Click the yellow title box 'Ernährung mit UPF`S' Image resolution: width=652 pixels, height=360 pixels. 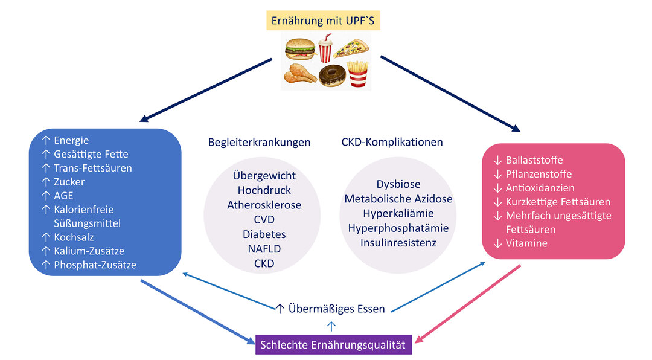click(x=325, y=20)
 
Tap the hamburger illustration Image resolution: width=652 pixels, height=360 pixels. click(x=300, y=48)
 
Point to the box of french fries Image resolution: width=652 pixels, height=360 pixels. click(x=358, y=74)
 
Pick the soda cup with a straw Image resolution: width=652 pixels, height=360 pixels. click(x=325, y=48)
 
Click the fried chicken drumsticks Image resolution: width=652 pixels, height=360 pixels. click(x=301, y=74)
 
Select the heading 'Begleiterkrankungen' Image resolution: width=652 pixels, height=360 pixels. click(x=259, y=143)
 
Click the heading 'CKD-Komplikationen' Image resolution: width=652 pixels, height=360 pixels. click(x=392, y=143)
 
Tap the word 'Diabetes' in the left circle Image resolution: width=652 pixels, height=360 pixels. click(x=264, y=234)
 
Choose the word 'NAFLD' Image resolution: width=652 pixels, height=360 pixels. click(x=264, y=248)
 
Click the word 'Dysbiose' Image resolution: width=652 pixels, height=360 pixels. click(x=398, y=184)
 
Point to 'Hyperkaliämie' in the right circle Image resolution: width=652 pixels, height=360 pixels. click(x=398, y=213)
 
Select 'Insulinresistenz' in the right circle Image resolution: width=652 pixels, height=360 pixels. click(x=398, y=242)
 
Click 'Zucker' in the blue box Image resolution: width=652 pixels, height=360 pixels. click(x=69, y=182)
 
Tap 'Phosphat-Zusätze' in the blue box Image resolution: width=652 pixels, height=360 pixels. click(x=95, y=265)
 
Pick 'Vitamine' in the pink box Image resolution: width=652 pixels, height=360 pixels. click(x=526, y=243)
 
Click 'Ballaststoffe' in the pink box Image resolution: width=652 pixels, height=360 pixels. click(x=534, y=160)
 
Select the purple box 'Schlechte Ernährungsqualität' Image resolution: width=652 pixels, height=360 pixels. click(x=334, y=345)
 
